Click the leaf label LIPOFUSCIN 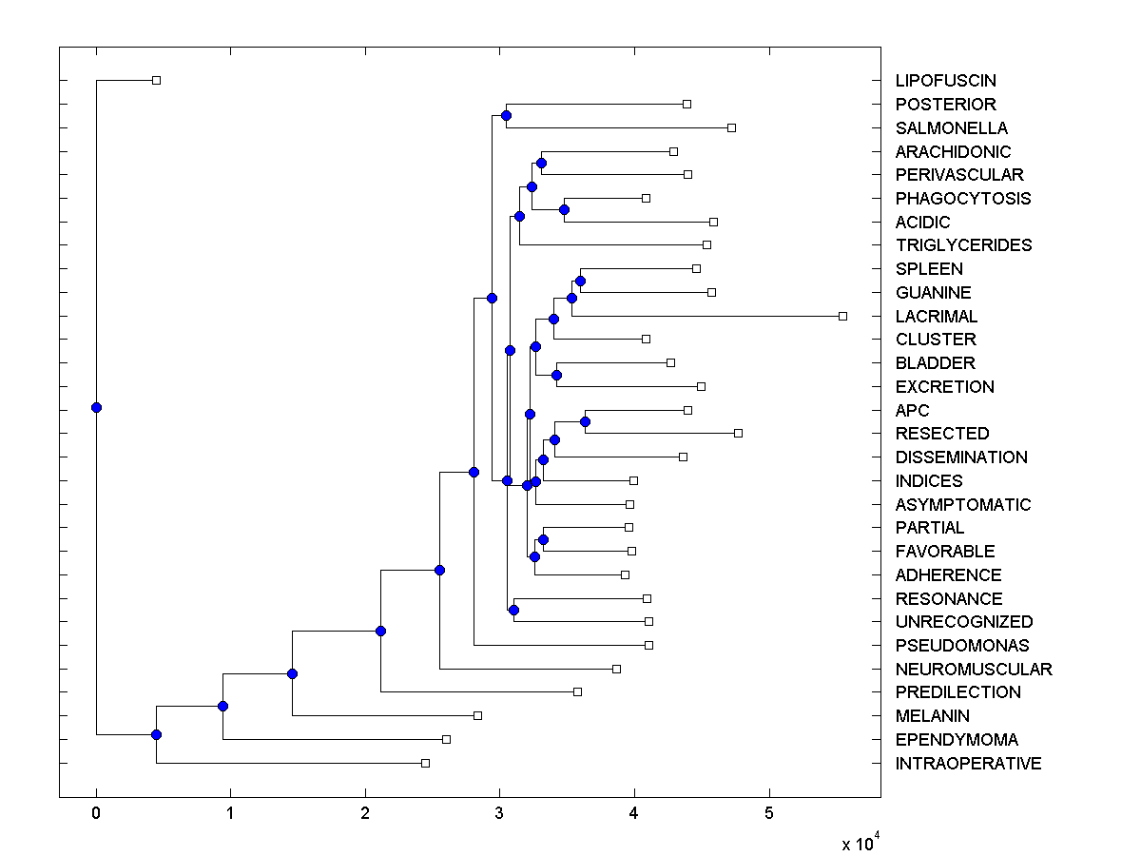pyautogui.click(x=945, y=81)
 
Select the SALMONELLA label pyautogui.click(x=951, y=127)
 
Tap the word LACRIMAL pyautogui.click(x=936, y=316)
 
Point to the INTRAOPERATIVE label pyautogui.click(x=968, y=763)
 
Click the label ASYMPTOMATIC pyautogui.click(x=962, y=504)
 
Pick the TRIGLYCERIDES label pyautogui.click(x=963, y=245)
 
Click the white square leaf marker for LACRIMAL pyautogui.click(x=842, y=316)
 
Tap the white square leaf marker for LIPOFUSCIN pyautogui.click(x=157, y=80)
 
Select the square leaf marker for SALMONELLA pyautogui.click(x=731, y=127)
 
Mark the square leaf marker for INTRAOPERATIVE pyautogui.click(x=425, y=763)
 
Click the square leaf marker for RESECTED pyautogui.click(x=739, y=433)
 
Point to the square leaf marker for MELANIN pyautogui.click(x=478, y=715)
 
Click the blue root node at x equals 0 pyautogui.click(x=96, y=407)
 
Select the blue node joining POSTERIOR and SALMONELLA pyautogui.click(x=506, y=115)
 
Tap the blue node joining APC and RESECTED pyautogui.click(x=586, y=421)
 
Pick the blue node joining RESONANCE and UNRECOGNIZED pyautogui.click(x=513, y=610)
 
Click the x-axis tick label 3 pyautogui.click(x=499, y=814)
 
